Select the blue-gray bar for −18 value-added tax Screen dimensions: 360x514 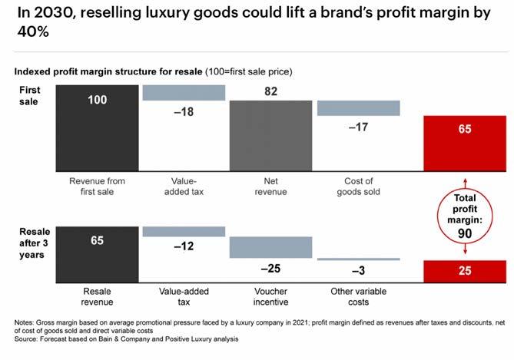click(184, 92)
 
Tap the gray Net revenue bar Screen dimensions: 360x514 click(270, 134)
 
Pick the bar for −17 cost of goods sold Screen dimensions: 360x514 click(357, 107)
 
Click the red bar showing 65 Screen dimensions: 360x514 click(464, 142)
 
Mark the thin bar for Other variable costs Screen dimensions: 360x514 click(357, 259)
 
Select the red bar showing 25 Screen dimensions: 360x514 click(464, 270)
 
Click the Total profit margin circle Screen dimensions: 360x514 click(464, 217)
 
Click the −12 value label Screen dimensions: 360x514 click(183, 246)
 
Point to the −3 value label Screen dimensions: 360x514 click(357, 271)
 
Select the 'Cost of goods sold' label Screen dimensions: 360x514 click(357, 187)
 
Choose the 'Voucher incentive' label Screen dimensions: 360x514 click(270, 297)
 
